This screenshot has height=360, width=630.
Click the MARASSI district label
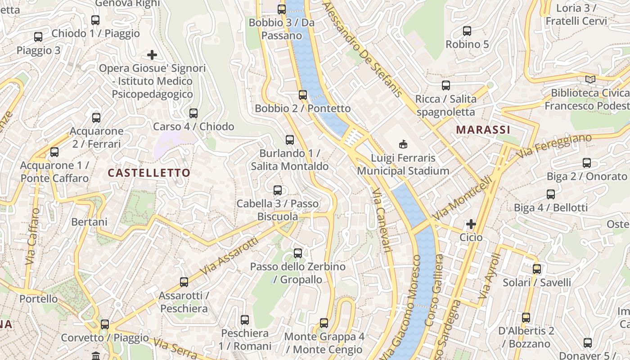click(x=483, y=130)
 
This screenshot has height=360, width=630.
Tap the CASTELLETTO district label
click(x=149, y=173)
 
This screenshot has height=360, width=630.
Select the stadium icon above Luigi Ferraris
click(x=403, y=144)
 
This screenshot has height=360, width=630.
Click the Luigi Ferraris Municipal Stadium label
click(x=403, y=165)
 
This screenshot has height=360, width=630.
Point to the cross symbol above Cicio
click(x=471, y=224)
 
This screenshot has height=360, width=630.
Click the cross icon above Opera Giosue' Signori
click(x=152, y=55)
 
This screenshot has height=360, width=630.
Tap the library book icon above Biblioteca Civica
click(x=590, y=79)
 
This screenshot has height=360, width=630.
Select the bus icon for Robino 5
click(x=467, y=31)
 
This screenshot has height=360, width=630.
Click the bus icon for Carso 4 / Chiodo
click(x=193, y=113)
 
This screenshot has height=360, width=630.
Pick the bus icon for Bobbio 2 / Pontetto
click(x=303, y=94)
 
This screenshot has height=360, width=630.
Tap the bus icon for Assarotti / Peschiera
click(x=184, y=282)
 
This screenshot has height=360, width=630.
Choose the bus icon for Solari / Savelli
click(x=537, y=269)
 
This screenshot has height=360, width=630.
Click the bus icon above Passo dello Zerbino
click(x=298, y=253)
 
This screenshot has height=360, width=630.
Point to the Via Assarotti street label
click(x=229, y=257)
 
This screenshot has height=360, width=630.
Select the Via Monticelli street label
click(x=462, y=198)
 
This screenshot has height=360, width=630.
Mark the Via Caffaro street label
click(x=33, y=236)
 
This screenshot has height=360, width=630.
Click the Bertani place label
click(x=89, y=222)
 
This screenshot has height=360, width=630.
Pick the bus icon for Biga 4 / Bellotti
click(x=551, y=194)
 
